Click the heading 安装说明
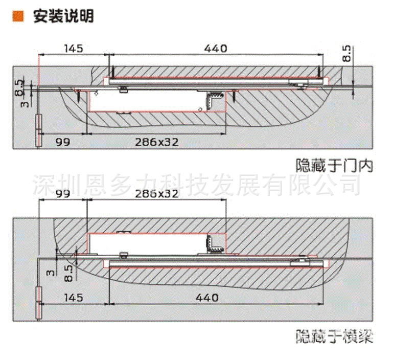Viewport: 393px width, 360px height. (x=64, y=16)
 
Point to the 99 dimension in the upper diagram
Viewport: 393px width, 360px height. (x=62, y=142)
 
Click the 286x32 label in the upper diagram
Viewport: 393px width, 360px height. (x=157, y=142)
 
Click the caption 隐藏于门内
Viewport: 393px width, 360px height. (x=335, y=166)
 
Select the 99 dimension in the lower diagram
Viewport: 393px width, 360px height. (x=62, y=194)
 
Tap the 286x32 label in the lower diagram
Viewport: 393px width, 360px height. (x=157, y=194)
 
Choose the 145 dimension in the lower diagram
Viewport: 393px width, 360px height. (x=74, y=297)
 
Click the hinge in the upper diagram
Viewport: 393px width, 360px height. (x=38, y=131)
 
